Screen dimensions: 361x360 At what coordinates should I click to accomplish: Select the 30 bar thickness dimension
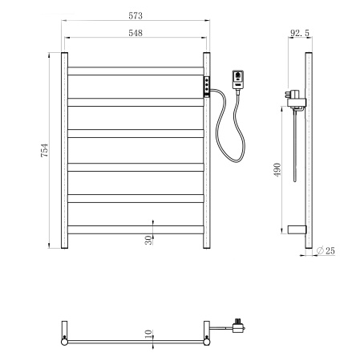click(x=149, y=241)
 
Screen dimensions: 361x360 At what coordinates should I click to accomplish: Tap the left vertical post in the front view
click(x=64, y=152)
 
